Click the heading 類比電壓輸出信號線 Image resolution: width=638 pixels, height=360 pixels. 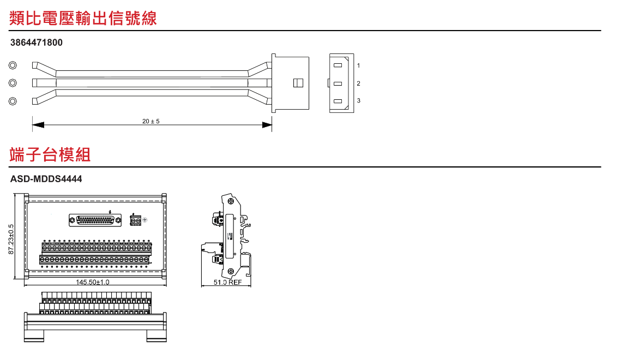click(82, 19)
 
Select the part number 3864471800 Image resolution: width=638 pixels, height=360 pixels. click(36, 43)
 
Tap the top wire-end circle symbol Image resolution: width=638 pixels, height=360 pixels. click(13, 65)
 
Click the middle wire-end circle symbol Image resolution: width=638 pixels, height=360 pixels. click(13, 83)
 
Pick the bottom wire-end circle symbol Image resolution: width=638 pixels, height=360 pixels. click(13, 101)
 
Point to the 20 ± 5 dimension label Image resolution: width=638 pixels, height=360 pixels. click(151, 121)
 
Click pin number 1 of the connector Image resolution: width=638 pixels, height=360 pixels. click(358, 65)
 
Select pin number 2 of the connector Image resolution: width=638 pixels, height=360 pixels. click(358, 83)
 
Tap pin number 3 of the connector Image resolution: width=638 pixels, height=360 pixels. click(358, 100)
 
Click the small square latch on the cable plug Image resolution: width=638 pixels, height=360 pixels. click(298, 83)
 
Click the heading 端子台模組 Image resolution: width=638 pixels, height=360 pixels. click(50, 154)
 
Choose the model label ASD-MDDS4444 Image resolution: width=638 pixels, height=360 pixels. click(46, 179)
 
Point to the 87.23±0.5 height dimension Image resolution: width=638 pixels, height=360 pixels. click(11, 239)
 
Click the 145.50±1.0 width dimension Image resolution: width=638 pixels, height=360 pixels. click(92, 282)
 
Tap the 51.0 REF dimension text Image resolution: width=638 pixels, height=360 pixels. click(227, 282)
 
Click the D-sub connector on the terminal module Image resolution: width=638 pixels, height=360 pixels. click(95, 220)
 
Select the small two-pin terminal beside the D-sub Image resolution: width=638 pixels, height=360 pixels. click(135, 220)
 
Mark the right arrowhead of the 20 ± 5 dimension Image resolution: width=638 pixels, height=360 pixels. click(267, 125)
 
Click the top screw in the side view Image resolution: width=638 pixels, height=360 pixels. click(231, 201)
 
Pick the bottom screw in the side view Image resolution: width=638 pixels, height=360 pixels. click(231, 271)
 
